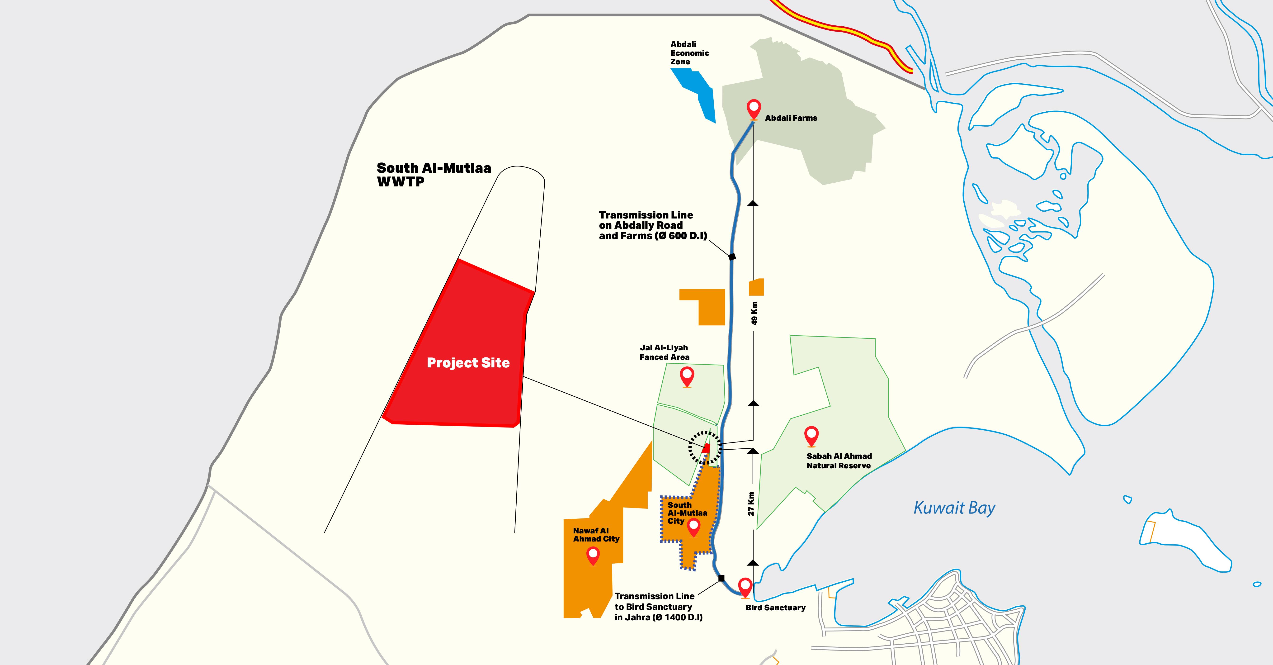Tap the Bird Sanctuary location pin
745,587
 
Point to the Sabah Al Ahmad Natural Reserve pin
811,435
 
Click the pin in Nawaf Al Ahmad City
593,555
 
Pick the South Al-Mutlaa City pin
694,527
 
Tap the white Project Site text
468,363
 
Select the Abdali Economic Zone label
689,53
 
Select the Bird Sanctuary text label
775,608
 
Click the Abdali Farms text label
791,118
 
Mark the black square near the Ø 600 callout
732,256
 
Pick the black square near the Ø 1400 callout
721,578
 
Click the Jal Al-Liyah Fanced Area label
664,352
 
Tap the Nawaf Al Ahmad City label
596,534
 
